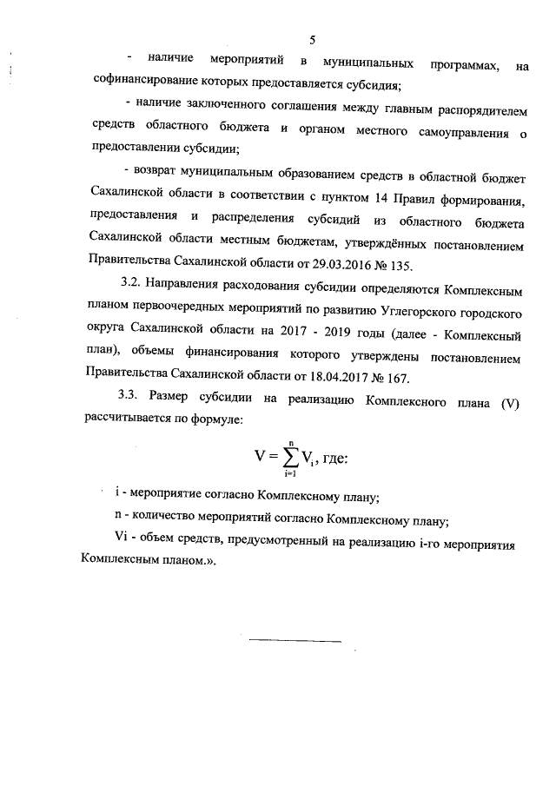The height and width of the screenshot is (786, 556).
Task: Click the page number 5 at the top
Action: pos(313,39)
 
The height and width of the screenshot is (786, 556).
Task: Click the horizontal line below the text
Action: pos(295,642)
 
